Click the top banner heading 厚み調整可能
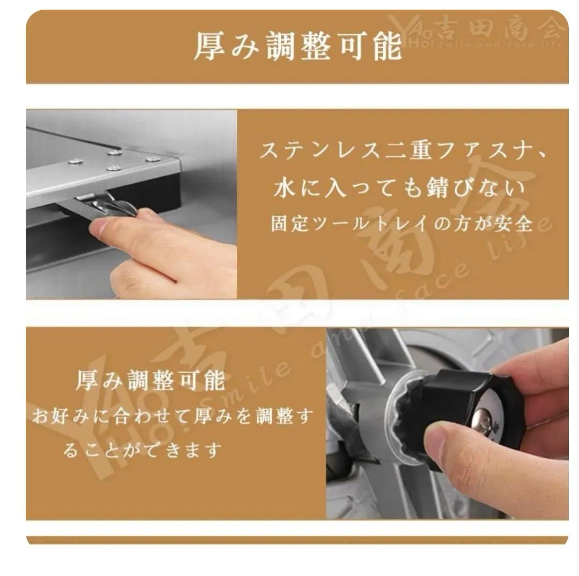298,47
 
